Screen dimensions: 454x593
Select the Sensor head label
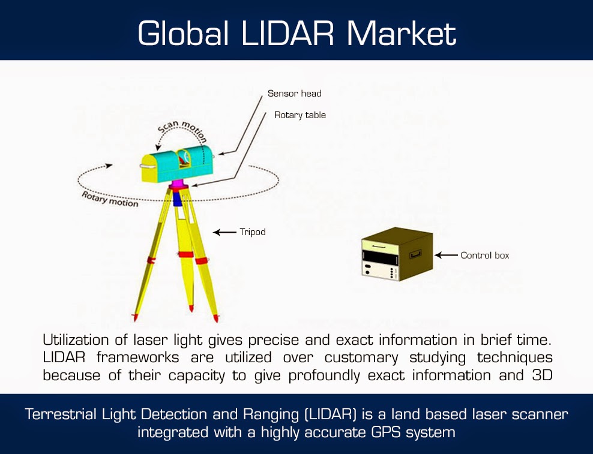[x=294, y=94]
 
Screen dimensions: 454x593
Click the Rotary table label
[x=300, y=115]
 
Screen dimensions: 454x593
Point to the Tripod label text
[x=252, y=231]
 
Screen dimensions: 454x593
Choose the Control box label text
[x=485, y=255]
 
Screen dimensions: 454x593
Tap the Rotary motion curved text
[x=110, y=199]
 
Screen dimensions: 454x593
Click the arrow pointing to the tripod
[x=225, y=231]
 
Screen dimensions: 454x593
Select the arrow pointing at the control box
[x=446, y=255]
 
